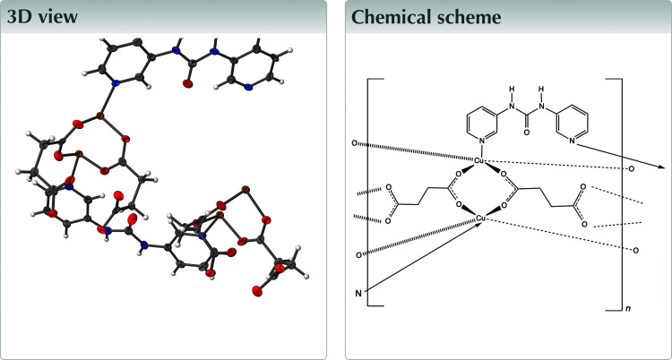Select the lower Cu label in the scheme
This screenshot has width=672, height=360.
pos(480,218)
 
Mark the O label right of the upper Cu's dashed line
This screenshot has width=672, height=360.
pos(633,167)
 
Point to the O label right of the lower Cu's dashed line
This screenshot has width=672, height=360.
pos(634,250)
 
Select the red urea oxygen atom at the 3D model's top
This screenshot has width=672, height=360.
pos(188,83)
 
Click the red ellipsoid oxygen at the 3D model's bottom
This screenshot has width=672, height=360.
pos(258,290)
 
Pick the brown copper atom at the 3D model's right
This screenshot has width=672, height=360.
pos(243,191)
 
